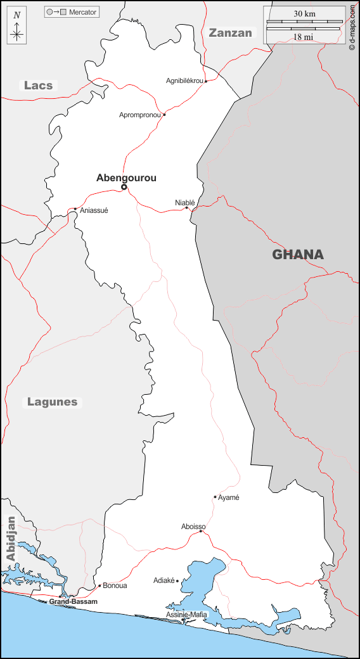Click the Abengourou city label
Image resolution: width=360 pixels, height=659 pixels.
(x=126, y=178)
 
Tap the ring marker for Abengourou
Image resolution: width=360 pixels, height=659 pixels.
(x=124, y=187)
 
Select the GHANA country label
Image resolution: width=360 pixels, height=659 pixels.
(x=298, y=255)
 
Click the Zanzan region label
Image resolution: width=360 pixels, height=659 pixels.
(x=231, y=33)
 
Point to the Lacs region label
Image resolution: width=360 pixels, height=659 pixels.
(x=39, y=86)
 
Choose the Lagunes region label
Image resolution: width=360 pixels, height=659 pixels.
(x=52, y=402)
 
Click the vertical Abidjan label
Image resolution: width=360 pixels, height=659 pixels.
(x=10, y=538)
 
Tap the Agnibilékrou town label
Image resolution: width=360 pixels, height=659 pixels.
(x=184, y=81)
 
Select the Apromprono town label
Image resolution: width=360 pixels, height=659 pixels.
(x=140, y=115)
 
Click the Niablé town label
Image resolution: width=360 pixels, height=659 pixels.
(x=185, y=203)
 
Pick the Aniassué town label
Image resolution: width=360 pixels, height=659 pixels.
(x=94, y=210)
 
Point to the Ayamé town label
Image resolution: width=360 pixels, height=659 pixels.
(x=229, y=497)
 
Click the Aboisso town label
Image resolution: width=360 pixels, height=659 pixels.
(x=193, y=527)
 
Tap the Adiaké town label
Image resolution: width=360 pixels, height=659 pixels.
(x=164, y=580)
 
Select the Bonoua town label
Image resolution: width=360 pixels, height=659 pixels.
(x=115, y=585)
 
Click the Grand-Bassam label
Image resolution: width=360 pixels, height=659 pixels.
(x=74, y=601)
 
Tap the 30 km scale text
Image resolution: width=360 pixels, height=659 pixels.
(x=304, y=14)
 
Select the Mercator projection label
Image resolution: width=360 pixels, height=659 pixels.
(x=83, y=12)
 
